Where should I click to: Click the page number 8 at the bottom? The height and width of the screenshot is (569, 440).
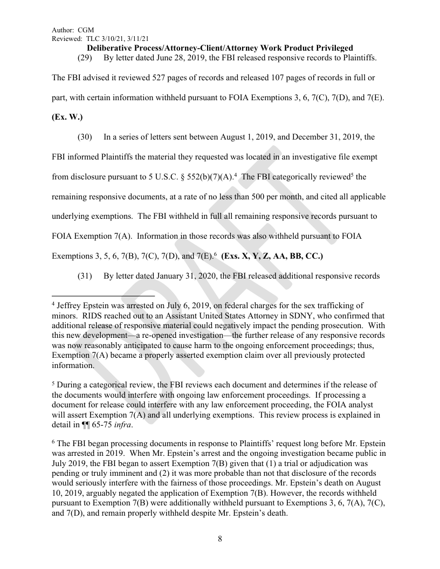tap(220, 538)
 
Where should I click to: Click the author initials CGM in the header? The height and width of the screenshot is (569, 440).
tap(86, 30)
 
